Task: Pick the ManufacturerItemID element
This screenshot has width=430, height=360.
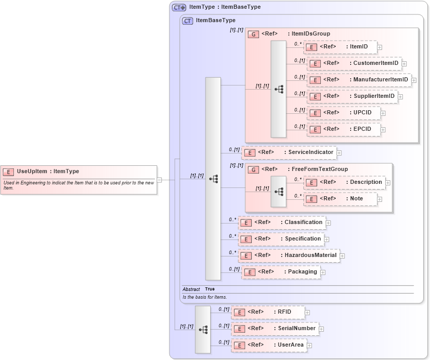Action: pyautogui.click(x=358, y=80)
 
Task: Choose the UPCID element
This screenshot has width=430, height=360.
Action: pyautogui.click(x=343, y=113)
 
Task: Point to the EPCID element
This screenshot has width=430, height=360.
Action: pyautogui.click(x=343, y=129)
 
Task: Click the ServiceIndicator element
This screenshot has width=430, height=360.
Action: pyautogui.click(x=289, y=152)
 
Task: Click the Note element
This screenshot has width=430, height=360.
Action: pyautogui.click(x=340, y=199)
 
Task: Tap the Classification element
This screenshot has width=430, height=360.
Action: pyautogui.click(x=282, y=222)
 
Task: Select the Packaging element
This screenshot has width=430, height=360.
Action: pyautogui.click(x=281, y=272)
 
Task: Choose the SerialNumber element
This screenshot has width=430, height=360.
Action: pyautogui.click(x=274, y=328)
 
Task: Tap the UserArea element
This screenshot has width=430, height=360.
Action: pyautogui.click(x=269, y=345)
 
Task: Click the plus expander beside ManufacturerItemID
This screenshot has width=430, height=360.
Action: pyautogui.click(x=414, y=80)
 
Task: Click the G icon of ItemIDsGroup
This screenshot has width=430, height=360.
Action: pyautogui.click(x=253, y=34)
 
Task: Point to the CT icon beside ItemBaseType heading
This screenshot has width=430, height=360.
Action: pyautogui.click(x=187, y=21)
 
